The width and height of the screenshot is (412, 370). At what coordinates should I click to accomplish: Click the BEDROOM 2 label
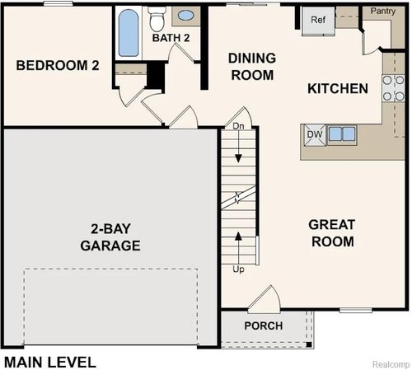pyautogui.click(x=58, y=65)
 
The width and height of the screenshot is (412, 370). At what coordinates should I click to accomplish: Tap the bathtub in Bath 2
pyautogui.click(x=128, y=34)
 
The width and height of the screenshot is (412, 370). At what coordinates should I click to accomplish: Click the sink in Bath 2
pyautogui.click(x=186, y=16)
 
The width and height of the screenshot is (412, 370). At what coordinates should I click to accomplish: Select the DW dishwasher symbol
pyautogui.click(x=314, y=134)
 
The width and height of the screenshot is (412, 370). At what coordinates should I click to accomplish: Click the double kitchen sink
pyautogui.click(x=341, y=133)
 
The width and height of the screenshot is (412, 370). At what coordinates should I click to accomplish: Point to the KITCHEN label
pyautogui.click(x=337, y=88)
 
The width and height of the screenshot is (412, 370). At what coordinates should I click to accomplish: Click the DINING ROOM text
pyautogui.click(x=250, y=67)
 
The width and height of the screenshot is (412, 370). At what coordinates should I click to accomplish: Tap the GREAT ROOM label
pyautogui.click(x=331, y=233)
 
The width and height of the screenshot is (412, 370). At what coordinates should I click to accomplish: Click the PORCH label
pyautogui.click(x=263, y=326)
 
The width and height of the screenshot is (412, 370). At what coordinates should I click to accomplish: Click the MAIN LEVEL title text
pyautogui.click(x=49, y=361)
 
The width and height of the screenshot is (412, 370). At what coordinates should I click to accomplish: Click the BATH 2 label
pyautogui.click(x=171, y=37)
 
